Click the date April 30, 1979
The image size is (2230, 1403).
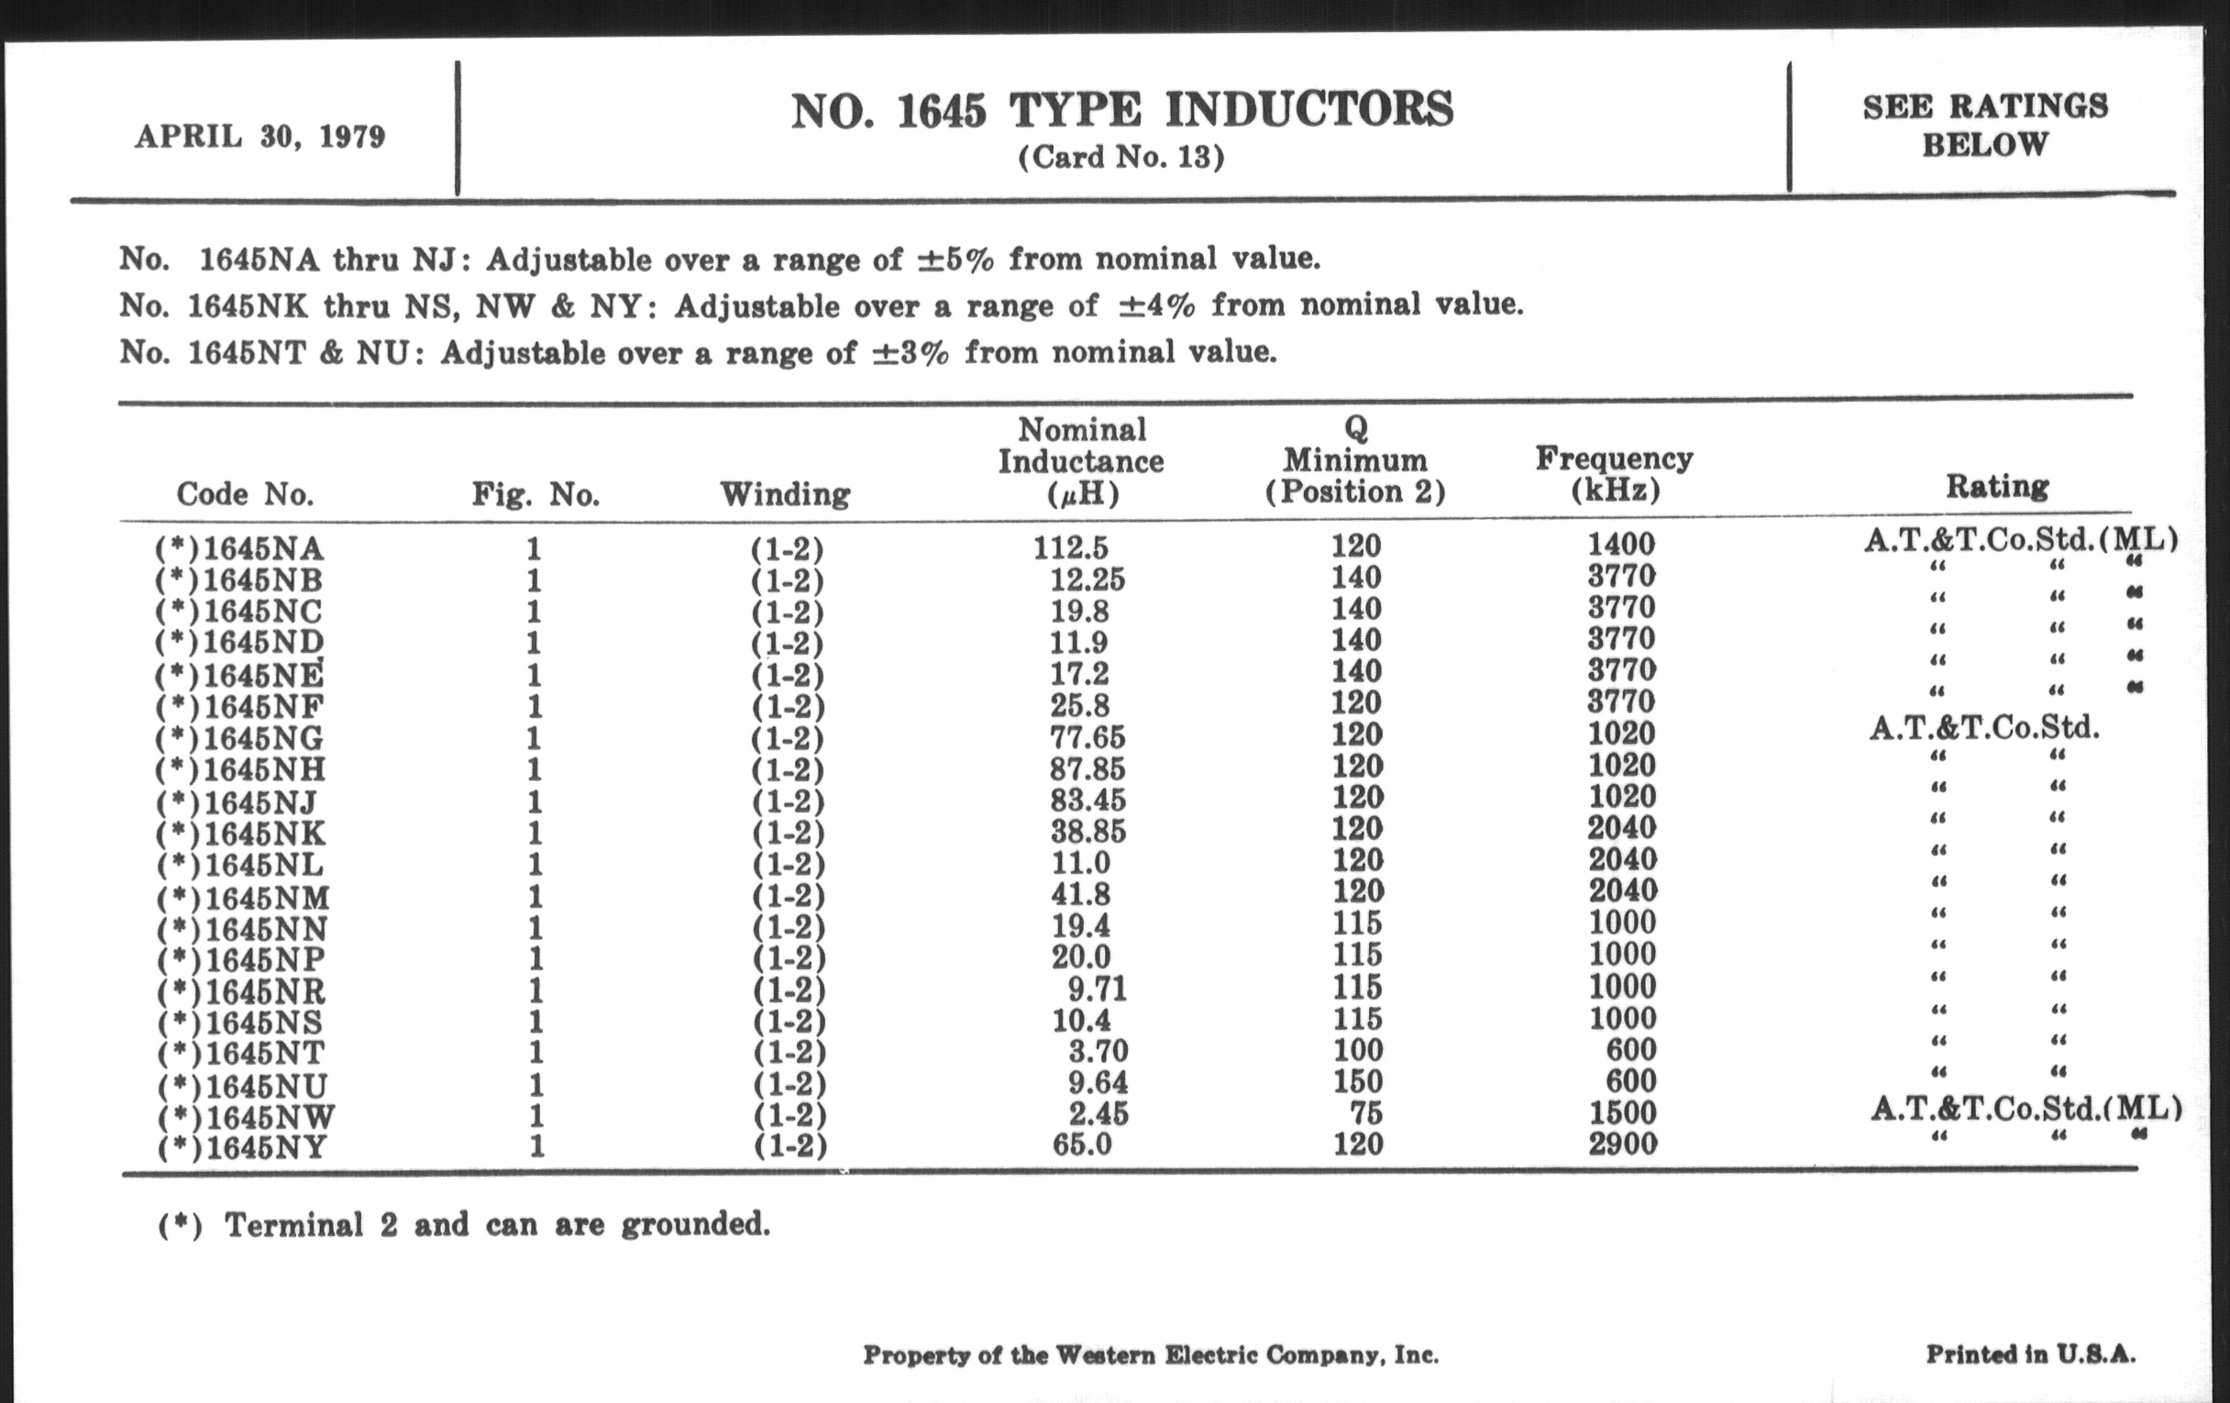260,137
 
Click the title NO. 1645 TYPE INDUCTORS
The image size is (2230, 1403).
1121,110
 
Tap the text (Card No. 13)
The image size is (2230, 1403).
1121,158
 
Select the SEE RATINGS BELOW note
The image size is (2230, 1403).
1984,125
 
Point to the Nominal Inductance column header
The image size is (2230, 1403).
1081,461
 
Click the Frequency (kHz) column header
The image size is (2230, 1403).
1614,473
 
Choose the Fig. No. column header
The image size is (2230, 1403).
536,494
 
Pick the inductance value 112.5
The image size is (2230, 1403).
1071,547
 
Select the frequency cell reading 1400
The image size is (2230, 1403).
1620,545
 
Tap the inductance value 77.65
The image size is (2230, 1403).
1088,737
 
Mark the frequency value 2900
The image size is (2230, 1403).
1622,1143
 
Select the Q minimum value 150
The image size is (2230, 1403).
1357,1082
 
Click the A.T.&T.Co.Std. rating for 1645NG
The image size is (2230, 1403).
1983,729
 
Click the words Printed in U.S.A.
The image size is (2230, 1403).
2030,1354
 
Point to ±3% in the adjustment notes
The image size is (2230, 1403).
911,353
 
